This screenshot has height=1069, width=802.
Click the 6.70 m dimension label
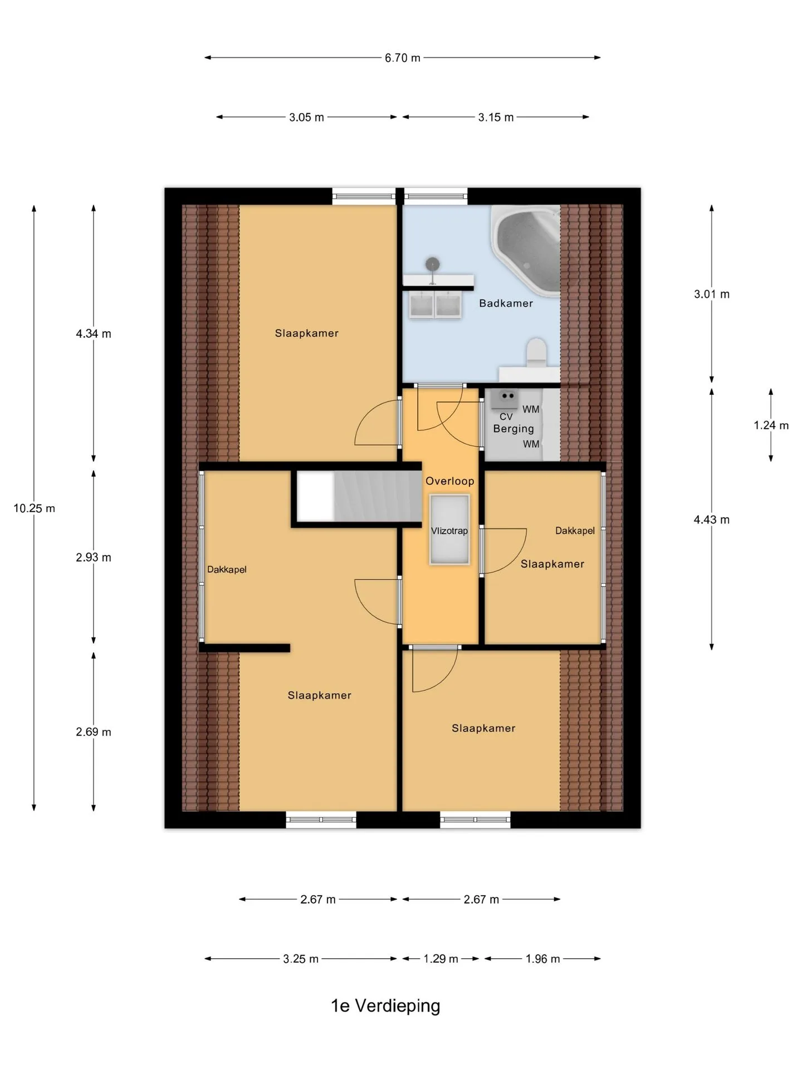[402, 58]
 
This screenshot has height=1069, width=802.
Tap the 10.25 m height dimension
[34, 508]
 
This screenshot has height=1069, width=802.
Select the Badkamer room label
[506, 303]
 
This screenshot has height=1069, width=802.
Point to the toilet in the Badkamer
[536, 353]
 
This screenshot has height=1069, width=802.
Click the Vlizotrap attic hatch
[449, 530]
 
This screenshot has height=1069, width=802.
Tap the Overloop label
[449, 481]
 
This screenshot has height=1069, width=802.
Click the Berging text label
[514, 429]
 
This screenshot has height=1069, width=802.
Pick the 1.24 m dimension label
[771, 425]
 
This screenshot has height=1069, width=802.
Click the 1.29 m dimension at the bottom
[441, 959]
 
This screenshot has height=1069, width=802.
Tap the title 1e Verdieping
[385, 1006]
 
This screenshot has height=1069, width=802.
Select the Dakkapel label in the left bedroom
[227, 570]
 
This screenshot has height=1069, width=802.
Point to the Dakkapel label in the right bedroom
[575, 531]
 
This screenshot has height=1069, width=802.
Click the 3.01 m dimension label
[712, 294]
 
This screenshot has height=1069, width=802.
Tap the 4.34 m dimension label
[94, 334]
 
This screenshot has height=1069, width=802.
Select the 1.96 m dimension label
[542, 959]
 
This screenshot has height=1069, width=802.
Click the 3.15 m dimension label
[496, 117]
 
